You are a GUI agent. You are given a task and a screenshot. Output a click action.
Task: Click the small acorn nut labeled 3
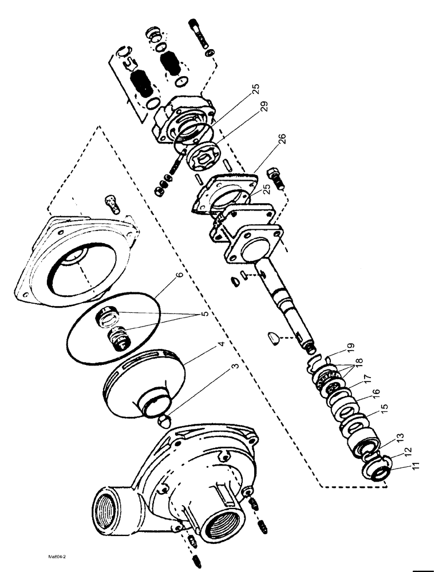(x=163, y=422)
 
